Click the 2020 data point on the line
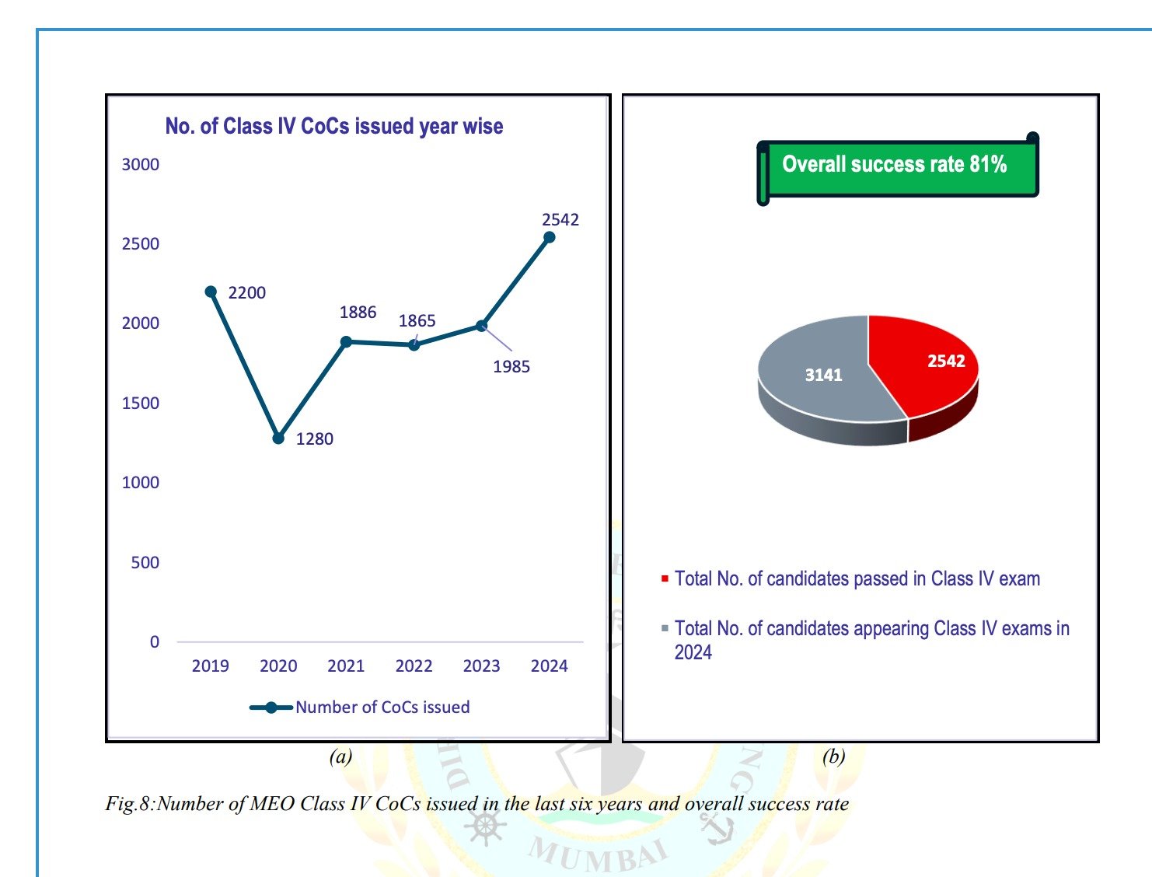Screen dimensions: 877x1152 coord(278,439)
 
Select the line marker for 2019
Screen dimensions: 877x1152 coord(211,292)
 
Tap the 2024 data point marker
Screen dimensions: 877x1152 coord(549,237)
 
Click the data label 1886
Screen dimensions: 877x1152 coord(358,313)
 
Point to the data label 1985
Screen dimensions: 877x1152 coord(511,367)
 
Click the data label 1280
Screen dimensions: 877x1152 coord(315,439)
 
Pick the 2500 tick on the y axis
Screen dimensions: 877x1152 coord(141,244)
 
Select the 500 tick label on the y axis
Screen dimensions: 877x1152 coord(145,563)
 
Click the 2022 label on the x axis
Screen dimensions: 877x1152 coord(414,666)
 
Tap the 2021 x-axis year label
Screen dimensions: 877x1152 coord(346,666)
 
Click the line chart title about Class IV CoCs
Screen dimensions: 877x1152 coord(334,127)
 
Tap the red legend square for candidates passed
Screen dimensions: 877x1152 coord(665,579)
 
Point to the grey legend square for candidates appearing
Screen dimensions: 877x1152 coord(665,628)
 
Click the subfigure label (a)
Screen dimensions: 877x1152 coord(340,756)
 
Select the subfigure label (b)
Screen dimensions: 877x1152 coord(833,756)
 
